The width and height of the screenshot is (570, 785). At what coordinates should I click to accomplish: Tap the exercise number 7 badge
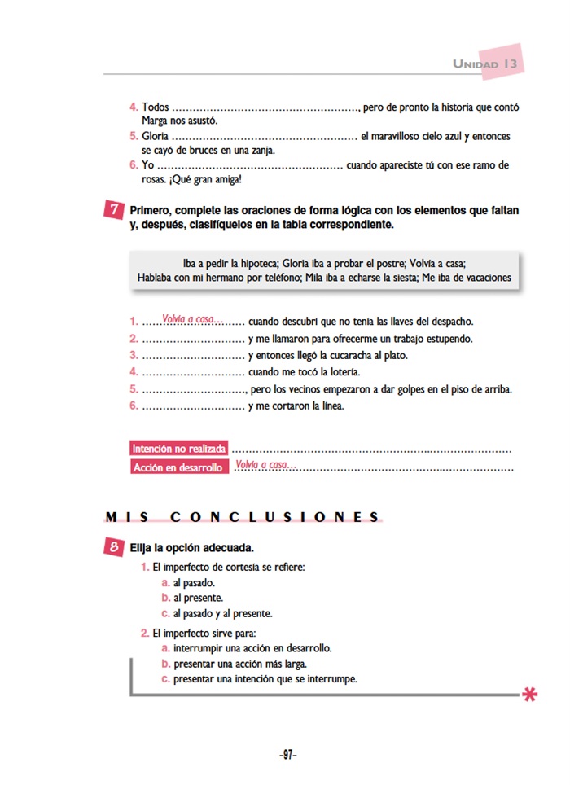[x=114, y=210]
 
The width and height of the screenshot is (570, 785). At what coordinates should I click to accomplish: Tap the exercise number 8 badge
[x=114, y=548]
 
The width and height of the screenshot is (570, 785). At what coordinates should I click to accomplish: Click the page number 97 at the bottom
[x=286, y=755]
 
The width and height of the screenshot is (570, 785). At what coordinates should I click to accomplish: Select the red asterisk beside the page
[x=530, y=695]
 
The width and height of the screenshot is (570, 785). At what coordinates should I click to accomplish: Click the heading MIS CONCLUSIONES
[x=243, y=516]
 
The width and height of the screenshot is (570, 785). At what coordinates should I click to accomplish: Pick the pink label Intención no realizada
[x=179, y=449]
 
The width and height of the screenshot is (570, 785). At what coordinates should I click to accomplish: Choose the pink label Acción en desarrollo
[x=178, y=467]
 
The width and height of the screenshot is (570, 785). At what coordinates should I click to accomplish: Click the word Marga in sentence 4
[x=156, y=121]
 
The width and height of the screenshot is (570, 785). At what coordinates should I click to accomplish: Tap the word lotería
[x=340, y=372]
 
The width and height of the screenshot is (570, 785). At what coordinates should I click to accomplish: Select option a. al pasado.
[x=188, y=583]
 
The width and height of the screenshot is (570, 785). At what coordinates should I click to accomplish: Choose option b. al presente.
[x=191, y=598]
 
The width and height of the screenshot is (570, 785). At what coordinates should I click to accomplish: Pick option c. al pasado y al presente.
[x=217, y=613]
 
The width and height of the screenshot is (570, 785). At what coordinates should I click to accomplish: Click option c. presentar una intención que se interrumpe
[x=259, y=678]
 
